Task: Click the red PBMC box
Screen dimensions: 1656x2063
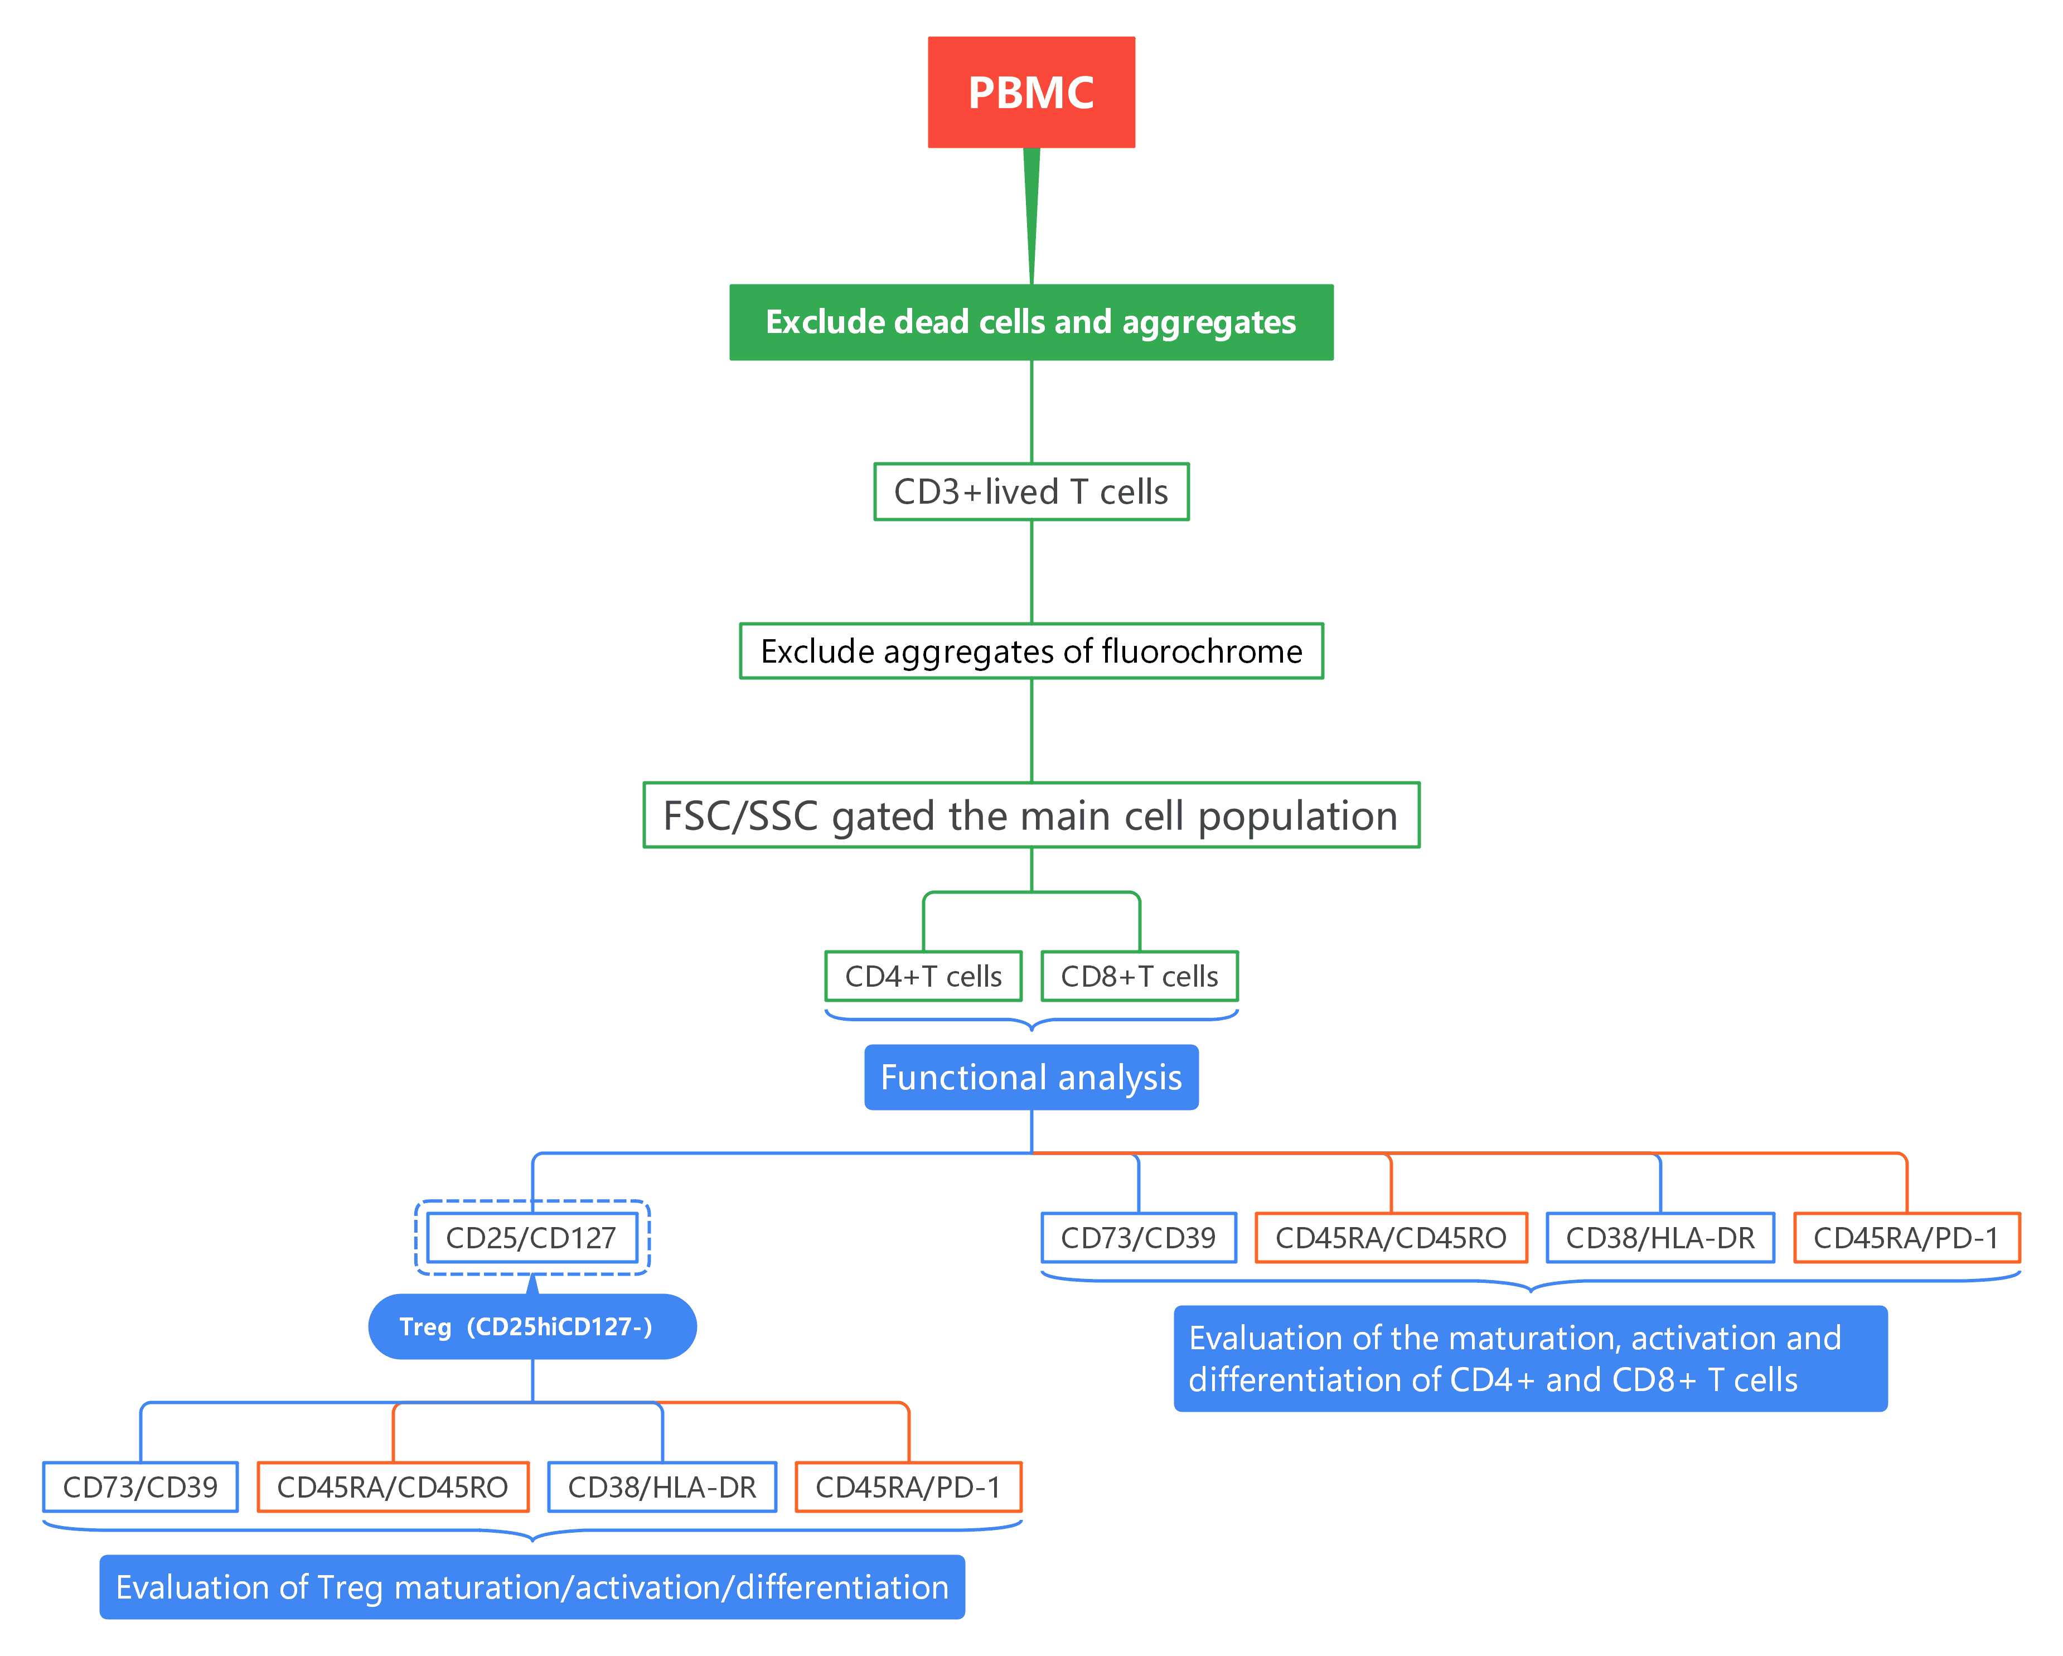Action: pos(1030,92)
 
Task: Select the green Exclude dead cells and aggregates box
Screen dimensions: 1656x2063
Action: pos(1030,322)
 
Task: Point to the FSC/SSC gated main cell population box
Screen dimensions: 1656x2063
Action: pos(1030,815)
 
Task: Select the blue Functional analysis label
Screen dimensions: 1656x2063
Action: pos(1030,1077)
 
